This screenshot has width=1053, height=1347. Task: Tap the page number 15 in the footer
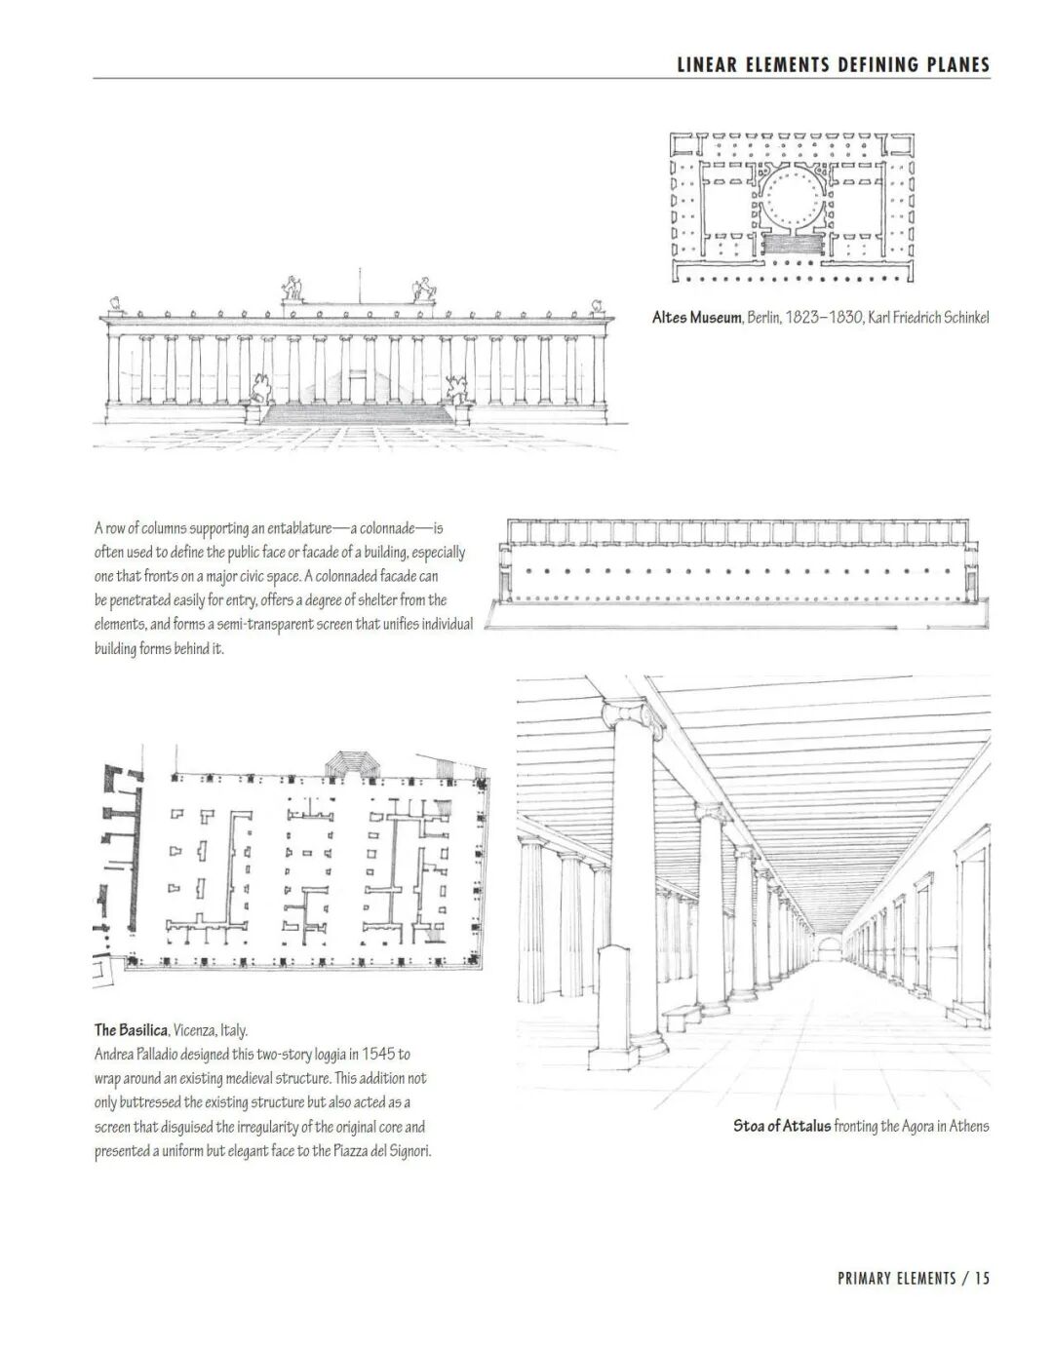[981, 1305]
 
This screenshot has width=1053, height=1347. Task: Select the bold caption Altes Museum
[696, 318]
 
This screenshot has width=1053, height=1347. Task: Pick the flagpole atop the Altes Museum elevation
[358, 285]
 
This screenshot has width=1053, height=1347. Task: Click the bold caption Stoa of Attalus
[782, 1126]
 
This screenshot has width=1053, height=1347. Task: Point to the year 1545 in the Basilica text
[379, 1055]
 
